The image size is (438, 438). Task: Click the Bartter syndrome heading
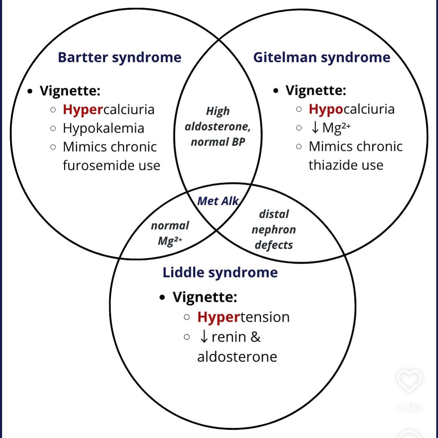[120, 57]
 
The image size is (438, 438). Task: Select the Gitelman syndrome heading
[322, 57]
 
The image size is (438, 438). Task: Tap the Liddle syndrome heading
[220, 272]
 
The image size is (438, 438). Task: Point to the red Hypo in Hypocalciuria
[326, 109]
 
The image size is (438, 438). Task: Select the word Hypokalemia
[103, 128]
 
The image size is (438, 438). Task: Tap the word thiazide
[330, 165]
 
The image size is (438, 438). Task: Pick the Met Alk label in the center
[218, 201]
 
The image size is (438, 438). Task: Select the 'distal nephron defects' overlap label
[274, 230]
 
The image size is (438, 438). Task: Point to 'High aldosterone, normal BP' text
[218, 127]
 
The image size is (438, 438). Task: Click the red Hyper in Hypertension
[219, 317]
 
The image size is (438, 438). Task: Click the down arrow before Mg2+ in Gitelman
[315, 128]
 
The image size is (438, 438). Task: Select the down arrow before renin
[204, 337]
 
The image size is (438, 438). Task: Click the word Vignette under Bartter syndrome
[70, 91]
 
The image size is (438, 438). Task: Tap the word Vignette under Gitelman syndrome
[316, 90]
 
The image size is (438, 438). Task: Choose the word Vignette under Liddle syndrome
[205, 297]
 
